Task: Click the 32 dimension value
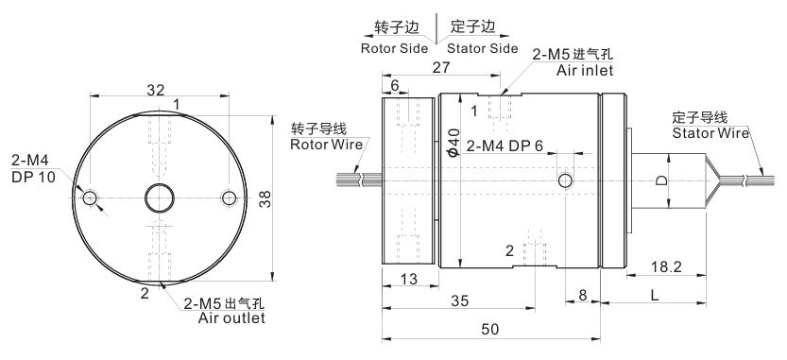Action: tap(156, 90)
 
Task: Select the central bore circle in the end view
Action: tap(160, 197)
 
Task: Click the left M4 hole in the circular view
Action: tap(91, 197)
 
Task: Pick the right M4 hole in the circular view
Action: tap(230, 197)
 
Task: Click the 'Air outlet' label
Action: tap(231, 317)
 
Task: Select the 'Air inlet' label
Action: tap(585, 70)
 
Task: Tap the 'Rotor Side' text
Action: tap(395, 49)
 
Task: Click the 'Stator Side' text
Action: tap(483, 49)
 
